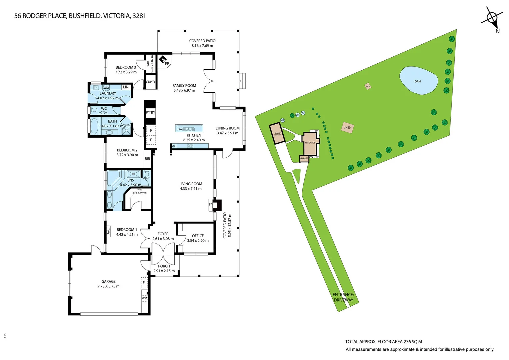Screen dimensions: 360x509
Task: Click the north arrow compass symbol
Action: tap(492, 18)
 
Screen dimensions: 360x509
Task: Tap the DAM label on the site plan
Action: tap(418, 81)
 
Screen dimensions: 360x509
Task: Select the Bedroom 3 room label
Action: tap(126, 67)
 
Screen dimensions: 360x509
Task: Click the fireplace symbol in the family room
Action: tap(163, 60)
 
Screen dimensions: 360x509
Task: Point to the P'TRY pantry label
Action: tap(150, 113)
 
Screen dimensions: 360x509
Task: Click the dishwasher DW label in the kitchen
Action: tap(180, 129)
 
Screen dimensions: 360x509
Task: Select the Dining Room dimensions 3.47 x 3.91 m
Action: tap(227, 133)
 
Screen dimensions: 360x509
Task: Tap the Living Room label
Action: tap(191, 184)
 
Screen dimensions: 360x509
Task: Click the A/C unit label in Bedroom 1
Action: tap(108, 231)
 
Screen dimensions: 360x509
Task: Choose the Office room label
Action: tap(198, 236)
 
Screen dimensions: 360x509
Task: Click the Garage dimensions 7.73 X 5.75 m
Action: tap(108, 286)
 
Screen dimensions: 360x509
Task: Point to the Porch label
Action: tap(164, 266)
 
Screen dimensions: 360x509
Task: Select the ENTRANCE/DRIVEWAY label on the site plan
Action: tap(343, 297)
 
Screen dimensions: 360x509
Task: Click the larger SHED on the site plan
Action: tap(347, 128)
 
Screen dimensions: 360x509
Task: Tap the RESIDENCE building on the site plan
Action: tap(310, 143)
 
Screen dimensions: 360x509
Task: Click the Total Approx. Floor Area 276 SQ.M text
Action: tap(383, 342)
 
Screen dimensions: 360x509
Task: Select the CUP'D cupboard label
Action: tap(150, 82)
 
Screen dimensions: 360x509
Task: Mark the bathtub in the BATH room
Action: tap(95, 127)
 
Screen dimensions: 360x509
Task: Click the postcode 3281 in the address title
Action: tap(139, 16)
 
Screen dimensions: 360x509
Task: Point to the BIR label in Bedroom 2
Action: tap(147, 159)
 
